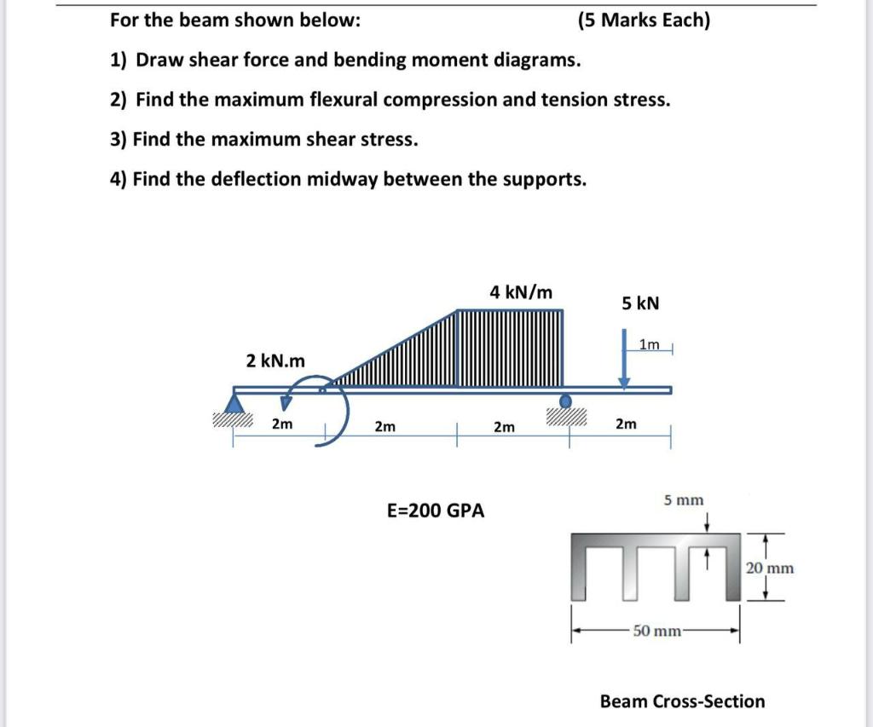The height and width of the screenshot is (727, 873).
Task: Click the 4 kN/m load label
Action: point(521,292)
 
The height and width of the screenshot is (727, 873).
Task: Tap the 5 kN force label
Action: point(640,303)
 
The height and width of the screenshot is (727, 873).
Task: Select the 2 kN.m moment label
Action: point(275,361)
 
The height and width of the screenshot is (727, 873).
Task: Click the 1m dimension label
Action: point(649,344)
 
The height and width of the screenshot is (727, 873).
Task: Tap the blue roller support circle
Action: point(564,401)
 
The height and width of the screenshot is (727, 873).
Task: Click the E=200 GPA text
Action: point(435,511)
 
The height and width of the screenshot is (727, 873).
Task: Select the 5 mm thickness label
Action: point(684,499)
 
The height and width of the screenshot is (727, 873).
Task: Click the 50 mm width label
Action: point(657,631)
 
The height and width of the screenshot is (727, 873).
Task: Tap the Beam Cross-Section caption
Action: point(682,701)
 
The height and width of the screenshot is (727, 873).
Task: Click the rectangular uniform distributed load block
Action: point(510,348)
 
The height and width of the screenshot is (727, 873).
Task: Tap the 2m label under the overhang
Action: point(625,424)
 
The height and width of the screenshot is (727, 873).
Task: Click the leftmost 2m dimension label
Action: point(281,424)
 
